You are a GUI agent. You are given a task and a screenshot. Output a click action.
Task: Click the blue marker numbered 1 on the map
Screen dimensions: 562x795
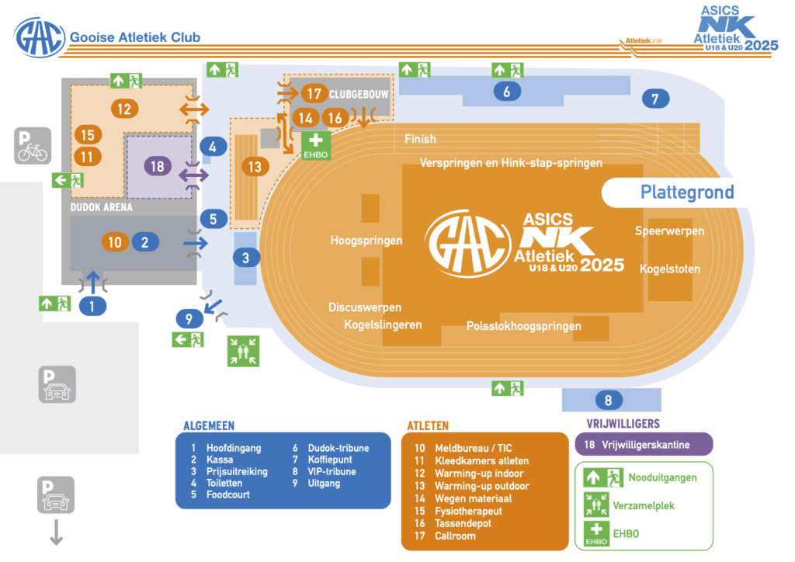point(92,306)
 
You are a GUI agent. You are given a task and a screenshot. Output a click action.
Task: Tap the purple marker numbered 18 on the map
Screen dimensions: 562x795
point(158,166)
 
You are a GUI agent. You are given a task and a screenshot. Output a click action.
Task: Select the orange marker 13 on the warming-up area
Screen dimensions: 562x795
point(255,166)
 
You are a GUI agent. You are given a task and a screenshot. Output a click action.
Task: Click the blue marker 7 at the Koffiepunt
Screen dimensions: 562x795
point(654,99)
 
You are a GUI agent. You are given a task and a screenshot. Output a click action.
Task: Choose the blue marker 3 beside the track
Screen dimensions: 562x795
point(246,258)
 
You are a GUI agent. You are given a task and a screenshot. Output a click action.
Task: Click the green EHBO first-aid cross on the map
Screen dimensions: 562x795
point(316,144)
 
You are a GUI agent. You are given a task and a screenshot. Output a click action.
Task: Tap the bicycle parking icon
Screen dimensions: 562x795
point(33,145)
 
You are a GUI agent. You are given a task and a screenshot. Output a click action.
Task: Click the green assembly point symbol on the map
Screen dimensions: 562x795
point(244,351)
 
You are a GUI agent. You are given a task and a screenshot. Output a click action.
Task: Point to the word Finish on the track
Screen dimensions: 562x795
point(420,139)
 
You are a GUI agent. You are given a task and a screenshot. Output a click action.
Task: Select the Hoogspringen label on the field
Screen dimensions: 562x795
point(366,241)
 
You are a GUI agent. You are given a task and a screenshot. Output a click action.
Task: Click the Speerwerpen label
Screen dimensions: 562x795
point(669,231)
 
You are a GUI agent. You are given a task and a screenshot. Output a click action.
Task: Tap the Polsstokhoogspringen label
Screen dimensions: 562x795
point(523,326)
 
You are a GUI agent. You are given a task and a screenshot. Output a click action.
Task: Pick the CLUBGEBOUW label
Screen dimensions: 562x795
point(359,94)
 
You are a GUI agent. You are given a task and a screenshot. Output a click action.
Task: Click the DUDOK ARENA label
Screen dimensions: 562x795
point(102,208)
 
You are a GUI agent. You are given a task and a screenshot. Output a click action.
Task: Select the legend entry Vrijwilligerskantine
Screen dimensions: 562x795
point(644,446)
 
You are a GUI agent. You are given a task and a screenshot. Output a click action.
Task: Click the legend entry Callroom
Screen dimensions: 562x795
point(457,536)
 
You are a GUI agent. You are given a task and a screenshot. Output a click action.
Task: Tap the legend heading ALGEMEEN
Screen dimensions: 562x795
point(209,425)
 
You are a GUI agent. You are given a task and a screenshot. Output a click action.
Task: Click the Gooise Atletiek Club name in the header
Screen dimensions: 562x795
point(135,37)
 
